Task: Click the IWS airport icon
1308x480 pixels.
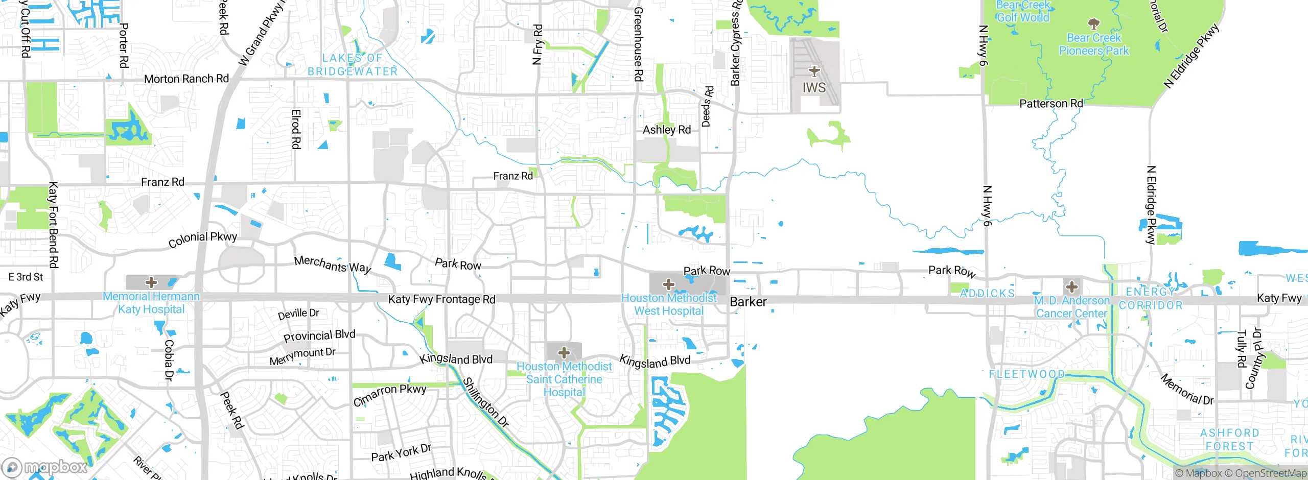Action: point(814,71)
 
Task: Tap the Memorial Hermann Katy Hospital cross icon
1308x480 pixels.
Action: point(151,282)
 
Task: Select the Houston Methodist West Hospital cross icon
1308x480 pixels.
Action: point(668,284)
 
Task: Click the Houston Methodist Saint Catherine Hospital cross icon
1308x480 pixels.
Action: point(564,352)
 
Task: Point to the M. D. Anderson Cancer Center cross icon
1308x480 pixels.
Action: point(1071,286)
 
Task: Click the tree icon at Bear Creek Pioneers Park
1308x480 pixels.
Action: point(1093,23)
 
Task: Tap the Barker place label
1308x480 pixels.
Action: point(748,302)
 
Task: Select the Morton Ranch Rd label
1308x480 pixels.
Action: point(186,79)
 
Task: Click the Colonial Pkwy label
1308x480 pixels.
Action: point(203,239)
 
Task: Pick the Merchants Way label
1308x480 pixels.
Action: point(332,264)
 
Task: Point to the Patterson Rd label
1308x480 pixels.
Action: point(1050,104)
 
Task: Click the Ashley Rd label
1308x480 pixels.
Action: point(666,130)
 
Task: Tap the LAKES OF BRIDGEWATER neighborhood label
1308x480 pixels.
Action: point(352,65)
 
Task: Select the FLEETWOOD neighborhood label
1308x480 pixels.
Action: point(1026,374)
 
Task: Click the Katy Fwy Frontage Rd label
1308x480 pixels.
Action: point(441,299)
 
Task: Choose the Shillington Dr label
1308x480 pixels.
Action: point(485,402)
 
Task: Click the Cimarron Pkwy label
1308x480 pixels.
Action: point(389,395)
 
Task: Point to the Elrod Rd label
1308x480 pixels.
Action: point(296,129)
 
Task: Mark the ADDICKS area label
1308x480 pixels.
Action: point(987,294)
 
